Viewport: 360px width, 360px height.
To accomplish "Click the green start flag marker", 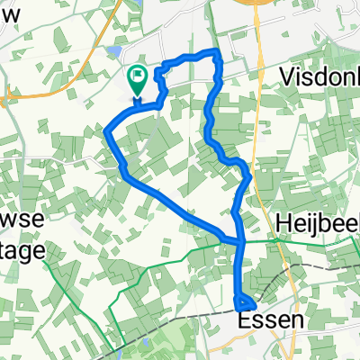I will click(x=139, y=80).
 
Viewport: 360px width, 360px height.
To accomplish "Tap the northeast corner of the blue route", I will click(x=218, y=56).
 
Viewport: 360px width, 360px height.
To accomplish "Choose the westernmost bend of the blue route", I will click(x=107, y=133).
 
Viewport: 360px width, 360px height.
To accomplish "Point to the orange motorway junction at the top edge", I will click(x=255, y=7).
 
